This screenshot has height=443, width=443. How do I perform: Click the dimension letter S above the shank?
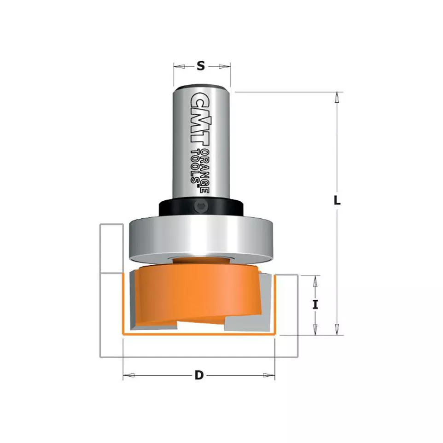click(201, 66)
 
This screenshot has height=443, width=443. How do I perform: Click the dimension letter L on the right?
click(337, 200)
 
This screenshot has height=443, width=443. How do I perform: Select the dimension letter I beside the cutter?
click(315, 304)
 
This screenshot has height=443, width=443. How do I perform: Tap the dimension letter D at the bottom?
click(199, 375)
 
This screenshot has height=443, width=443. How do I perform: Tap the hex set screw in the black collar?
click(201, 206)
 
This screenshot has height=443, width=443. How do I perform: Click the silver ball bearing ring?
click(201, 239)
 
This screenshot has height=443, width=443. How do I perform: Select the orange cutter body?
click(198, 294)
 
